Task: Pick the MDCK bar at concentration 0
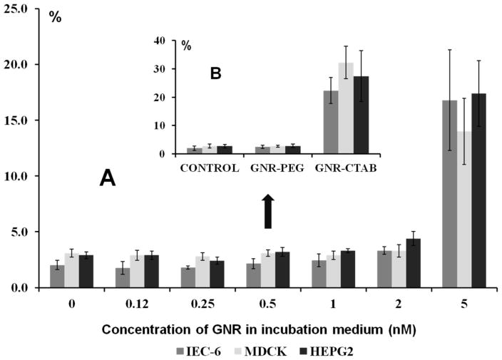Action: coord(71,270)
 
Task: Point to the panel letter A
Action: coord(107,180)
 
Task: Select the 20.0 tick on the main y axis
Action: coord(16,64)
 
